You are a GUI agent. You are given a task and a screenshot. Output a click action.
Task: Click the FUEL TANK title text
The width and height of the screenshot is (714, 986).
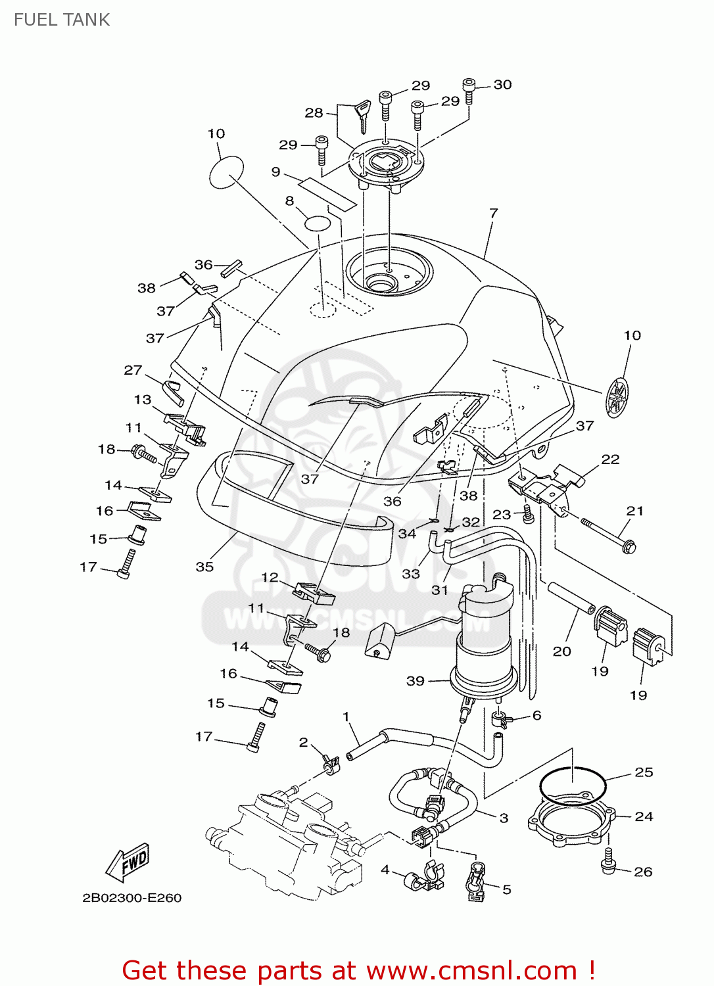62,20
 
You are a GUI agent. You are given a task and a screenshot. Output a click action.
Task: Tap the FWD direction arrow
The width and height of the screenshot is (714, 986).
129,862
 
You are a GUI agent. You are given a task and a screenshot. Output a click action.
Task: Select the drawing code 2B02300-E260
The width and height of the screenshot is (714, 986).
131,898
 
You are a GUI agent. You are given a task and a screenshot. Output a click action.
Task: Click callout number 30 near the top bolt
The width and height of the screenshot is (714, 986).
502,85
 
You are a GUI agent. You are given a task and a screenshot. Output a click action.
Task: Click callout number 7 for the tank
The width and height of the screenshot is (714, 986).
493,213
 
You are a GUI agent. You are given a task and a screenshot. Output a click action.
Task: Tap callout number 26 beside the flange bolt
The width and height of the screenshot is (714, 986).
642,872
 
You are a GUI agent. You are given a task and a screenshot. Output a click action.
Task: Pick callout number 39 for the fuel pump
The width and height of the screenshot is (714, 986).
415,681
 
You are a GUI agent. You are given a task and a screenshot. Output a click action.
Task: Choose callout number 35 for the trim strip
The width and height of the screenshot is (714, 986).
204,567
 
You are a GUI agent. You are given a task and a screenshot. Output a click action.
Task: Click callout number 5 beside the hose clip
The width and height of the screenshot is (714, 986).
506,889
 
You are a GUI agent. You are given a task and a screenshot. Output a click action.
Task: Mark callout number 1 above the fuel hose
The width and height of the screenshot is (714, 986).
346,716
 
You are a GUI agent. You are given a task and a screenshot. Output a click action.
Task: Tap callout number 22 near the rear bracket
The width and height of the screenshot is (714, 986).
610,459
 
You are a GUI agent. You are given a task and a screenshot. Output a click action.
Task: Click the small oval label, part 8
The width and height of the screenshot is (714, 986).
317,223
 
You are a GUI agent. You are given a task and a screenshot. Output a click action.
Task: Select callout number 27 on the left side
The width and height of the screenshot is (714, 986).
133,370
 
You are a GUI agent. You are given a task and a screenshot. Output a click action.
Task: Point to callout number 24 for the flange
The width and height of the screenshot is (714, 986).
644,816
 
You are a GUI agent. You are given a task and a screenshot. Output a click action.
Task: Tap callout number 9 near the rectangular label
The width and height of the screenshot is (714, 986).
275,172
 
